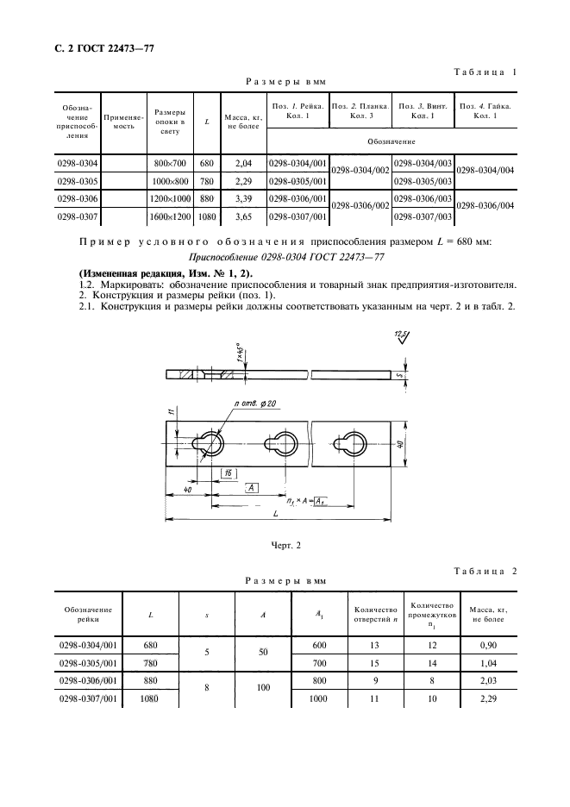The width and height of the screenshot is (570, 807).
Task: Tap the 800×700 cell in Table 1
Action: click(x=169, y=163)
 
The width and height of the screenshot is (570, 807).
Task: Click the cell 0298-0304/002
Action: click(x=360, y=171)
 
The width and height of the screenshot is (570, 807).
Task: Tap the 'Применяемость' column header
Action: click(x=119, y=122)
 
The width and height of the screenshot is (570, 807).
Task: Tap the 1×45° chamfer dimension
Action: click(x=239, y=354)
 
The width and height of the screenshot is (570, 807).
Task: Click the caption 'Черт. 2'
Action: click(x=284, y=544)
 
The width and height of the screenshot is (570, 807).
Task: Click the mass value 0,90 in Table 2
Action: click(x=486, y=645)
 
